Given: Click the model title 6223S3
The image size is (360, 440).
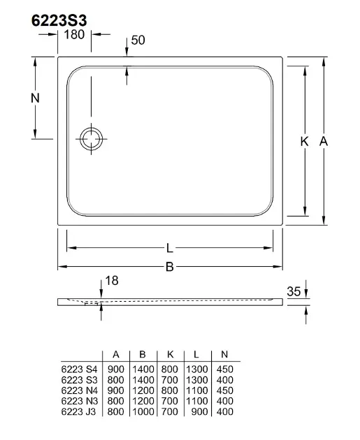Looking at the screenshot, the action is point(59,20).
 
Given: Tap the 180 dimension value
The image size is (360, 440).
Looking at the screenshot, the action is point(74,34).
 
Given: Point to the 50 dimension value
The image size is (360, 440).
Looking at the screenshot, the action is point(138,40).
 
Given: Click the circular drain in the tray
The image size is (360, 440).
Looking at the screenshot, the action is point(92,139).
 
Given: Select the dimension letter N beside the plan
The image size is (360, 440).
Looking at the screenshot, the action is point(35,98).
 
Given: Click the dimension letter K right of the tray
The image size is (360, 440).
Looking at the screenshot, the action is point(304,141).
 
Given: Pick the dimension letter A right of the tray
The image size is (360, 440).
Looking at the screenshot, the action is point(324,141).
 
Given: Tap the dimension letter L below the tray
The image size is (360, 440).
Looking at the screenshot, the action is point(169,248).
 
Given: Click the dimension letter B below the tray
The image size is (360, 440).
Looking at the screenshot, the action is point(170,267).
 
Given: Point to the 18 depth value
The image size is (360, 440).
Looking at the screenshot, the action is point(112,281).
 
